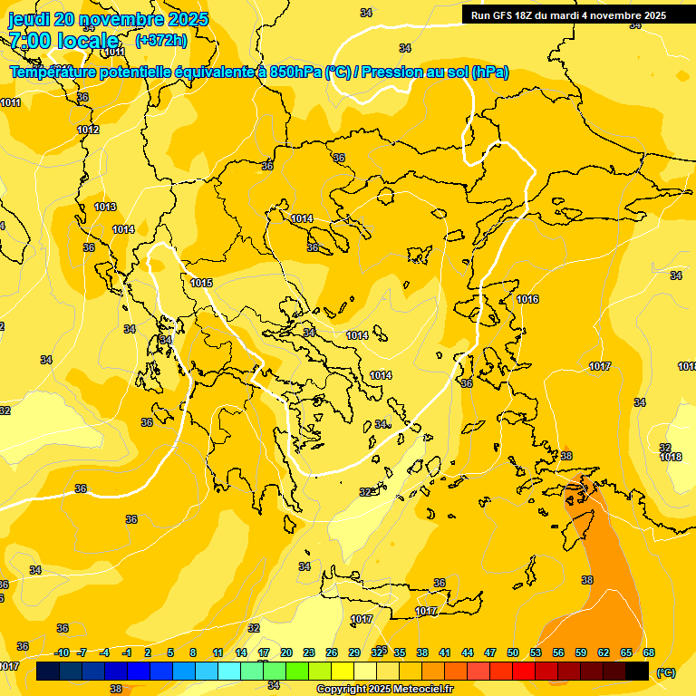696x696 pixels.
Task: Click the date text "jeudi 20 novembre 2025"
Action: pos(108,19)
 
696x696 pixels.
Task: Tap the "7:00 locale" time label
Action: pos(63,41)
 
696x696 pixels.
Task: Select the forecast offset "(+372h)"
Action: pos(161,41)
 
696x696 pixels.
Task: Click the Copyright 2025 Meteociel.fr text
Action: pos(384,690)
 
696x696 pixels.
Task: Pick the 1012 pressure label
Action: pos(88,130)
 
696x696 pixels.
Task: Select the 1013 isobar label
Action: pos(105,208)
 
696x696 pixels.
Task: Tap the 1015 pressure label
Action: pos(201,284)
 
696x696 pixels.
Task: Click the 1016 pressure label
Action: pos(527,300)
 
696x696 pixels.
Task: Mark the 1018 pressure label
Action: pos(671,458)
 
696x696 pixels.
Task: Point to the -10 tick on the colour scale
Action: pos(62,652)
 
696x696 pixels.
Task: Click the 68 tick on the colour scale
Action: pos(649,652)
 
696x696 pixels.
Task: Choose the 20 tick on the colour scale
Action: pos(286,652)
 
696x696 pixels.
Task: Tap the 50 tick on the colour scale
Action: pos(513,652)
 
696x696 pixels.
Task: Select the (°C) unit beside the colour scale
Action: pos(666,672)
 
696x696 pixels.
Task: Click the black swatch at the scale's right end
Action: pos(637,672)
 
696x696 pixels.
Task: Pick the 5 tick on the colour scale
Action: pos(171,652)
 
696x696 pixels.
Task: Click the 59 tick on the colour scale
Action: pos(581,652)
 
